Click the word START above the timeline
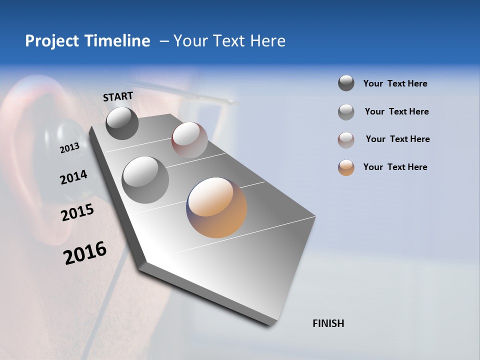tap(118, 96)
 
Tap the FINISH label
tap(328, 323)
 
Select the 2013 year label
tap(69, 148)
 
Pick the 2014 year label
tap(73, 177)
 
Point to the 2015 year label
tap(77, 212)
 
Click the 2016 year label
tap(85, 253)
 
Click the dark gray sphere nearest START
tap(122, 123)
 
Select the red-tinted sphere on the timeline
tap(189, 140)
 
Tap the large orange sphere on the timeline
tap(216, 207)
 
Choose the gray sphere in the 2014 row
tap(145, 180)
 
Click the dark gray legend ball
tap(346, 83)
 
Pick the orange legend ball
tap(346, 167)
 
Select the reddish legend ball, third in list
tap(346, 140)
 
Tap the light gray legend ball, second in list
tap(346, 112)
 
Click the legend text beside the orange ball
tap(395, 167)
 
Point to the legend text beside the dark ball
tap(395, 83)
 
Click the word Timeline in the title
tap(117, 41)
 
